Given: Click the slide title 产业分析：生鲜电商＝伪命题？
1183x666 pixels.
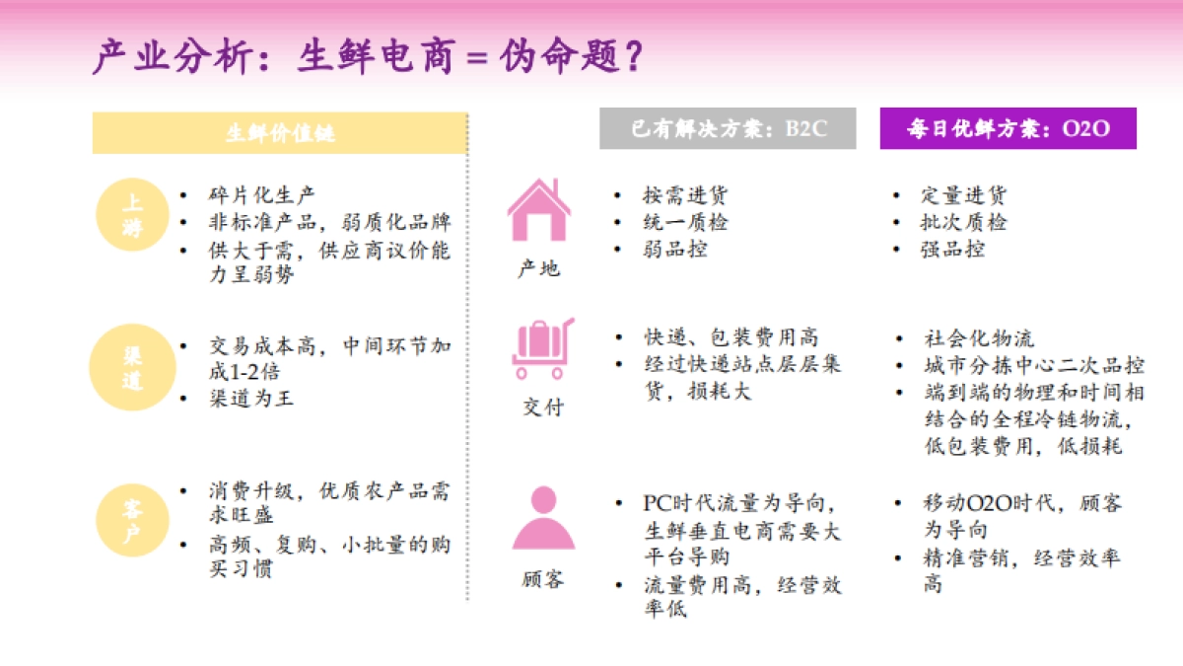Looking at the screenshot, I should (369, 56).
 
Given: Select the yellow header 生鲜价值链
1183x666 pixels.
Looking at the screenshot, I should (280, 133).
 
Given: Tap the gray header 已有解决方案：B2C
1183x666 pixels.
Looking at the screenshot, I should (728, 129).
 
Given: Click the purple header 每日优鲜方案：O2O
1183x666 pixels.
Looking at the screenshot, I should (1008, 129).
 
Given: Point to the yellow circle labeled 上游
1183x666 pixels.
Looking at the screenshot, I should (132, 215).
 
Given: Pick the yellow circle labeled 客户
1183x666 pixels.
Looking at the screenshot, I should (132, 520).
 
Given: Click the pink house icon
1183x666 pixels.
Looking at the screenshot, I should (538, 210).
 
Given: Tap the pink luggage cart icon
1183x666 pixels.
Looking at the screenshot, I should (541, 349).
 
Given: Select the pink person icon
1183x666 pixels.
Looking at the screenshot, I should (543, 519).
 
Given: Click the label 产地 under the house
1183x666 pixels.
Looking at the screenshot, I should (539, 267).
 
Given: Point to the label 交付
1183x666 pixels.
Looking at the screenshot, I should (542, 406).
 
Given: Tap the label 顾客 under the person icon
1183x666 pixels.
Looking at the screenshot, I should (543, 578).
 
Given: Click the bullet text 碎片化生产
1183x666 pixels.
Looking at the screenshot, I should (262, 195).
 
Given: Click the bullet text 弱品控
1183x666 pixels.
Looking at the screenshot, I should (674, 249).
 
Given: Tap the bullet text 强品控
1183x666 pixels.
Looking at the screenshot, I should (952, 249).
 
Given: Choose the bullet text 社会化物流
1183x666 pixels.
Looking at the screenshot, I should (979, 338).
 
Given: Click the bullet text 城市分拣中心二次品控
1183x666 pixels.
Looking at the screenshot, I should (1034, 365).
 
